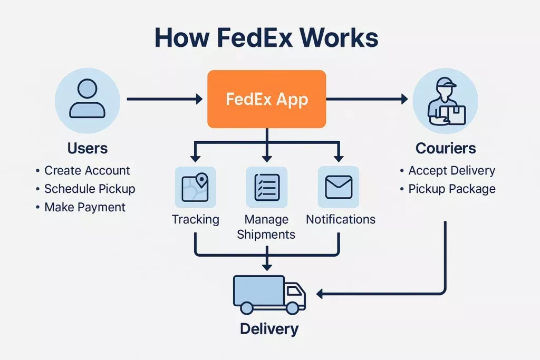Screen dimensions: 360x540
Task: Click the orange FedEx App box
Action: click(x=266, y=99)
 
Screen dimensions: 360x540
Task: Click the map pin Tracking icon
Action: click(x=195, y=187)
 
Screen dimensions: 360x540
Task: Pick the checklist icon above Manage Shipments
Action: click(x=267, y=187)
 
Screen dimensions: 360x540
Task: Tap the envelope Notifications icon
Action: click(x=338, y=187)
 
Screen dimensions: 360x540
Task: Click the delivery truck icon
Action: click(x=269, y=294)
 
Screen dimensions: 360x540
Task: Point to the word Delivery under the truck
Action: click(x=269, y=329)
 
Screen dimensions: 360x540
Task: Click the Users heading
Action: click(x=88, y=148)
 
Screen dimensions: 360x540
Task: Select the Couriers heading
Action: click(x=446, y=148)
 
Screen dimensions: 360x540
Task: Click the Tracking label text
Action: click(x=196, y=219)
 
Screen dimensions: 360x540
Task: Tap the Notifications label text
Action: click(x=341, y=219)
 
